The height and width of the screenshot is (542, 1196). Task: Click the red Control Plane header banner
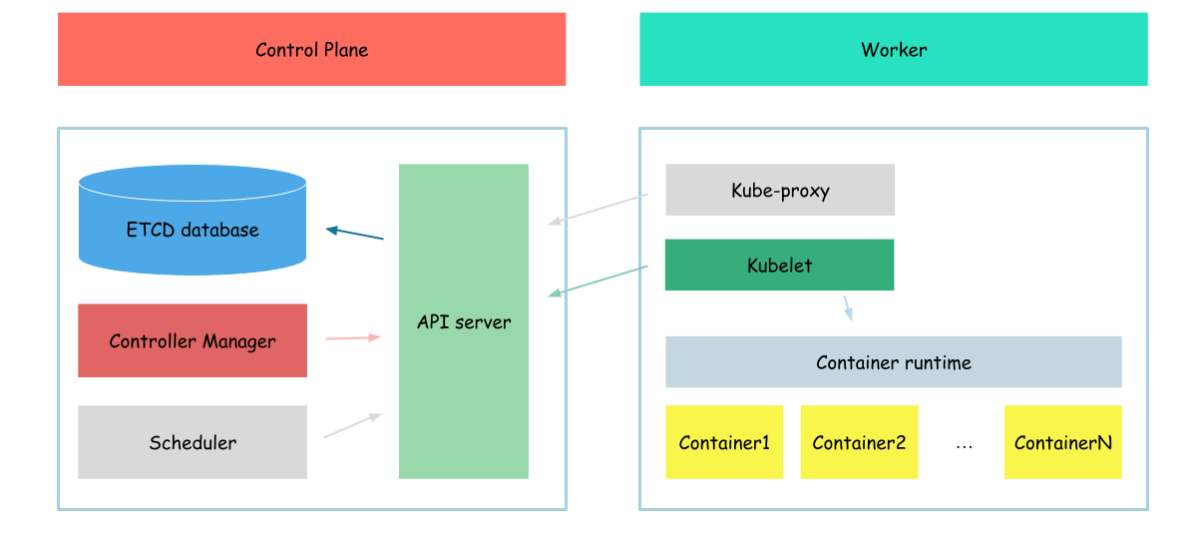pos(312,49)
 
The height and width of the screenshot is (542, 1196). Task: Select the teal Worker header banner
pos(893,49)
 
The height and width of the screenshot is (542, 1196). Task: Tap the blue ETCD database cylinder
pos(193,220)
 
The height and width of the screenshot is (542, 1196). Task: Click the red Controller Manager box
pos(193,340)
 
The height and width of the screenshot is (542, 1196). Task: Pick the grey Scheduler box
pos(193,442)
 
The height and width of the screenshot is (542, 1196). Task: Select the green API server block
pos(464,321)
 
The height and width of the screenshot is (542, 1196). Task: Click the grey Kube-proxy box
pos(779,190)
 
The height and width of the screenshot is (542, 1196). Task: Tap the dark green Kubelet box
pos(779,265)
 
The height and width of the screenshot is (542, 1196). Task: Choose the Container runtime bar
pos(893,362)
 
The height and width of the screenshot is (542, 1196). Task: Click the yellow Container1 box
pos(724,442)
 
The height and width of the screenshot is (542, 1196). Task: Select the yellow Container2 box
pos(859,442)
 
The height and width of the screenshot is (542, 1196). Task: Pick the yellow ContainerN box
pos(1063,442)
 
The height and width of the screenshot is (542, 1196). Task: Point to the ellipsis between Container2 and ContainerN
pos(965,444)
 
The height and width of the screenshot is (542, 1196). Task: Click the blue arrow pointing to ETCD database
pos(355,233)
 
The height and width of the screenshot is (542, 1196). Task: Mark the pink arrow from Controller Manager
pos(353,337)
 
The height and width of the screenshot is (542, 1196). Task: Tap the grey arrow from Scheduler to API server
pos(352,425)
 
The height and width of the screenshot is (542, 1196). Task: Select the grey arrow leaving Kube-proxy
pos(598,210)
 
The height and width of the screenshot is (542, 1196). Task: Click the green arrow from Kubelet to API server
pos(598,280)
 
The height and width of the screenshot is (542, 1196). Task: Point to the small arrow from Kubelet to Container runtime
pos(848,307)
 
